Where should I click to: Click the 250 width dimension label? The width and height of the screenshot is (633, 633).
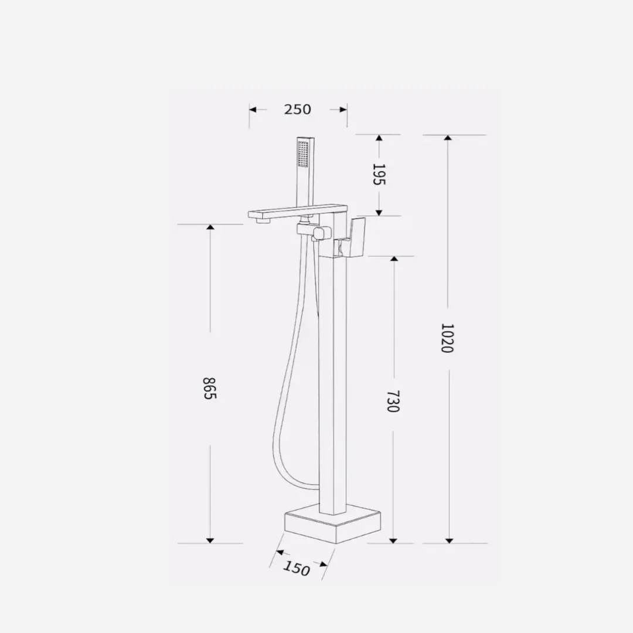click(298, 110)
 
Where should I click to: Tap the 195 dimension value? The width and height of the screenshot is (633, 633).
click(379, 175)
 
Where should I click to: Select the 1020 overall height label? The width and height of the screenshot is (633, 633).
click(447, 338)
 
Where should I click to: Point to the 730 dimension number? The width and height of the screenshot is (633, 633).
click(393, 401)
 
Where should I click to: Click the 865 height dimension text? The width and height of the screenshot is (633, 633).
click(209, 388)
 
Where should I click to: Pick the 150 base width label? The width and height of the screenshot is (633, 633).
click(297, 568)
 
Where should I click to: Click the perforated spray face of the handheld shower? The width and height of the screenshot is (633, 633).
click(303, 154)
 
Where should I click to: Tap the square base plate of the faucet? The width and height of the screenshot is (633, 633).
click(333, 523)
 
